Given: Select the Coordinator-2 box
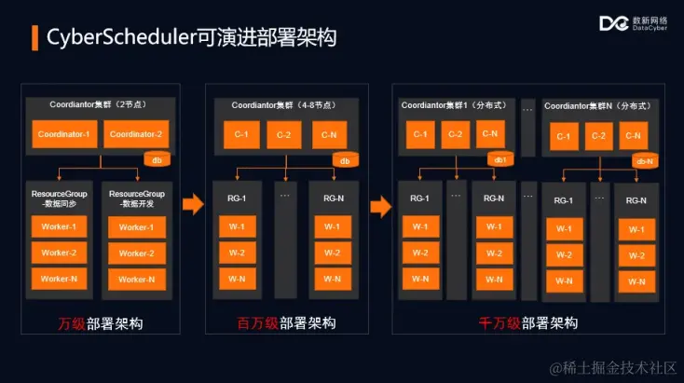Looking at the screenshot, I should pos(135,134).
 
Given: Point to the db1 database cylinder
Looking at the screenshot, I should pos(500,159).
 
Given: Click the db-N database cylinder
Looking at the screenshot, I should pos(644,160).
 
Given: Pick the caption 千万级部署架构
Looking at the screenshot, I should pos(528,323).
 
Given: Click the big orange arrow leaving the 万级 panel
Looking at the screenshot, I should pos(193,204).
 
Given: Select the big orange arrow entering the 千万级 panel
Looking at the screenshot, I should pos(380,204).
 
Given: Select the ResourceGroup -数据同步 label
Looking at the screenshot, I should pos(58,198).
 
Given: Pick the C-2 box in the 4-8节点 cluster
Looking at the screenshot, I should pos(284,134).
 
